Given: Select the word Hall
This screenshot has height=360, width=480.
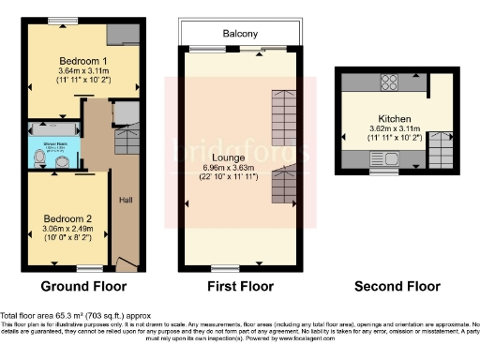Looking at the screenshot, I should (x=125, y=199).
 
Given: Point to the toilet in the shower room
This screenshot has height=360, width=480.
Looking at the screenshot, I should (x=38, y=161).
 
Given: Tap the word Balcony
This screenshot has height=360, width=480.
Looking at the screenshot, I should (x=240, y=34).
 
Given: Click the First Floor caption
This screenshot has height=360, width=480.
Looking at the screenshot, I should (x=241, y=286).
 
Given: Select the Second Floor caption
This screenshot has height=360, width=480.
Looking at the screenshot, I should (x=391, y=286).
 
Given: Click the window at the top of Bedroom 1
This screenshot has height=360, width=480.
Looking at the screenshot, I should (x=63, y=22).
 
